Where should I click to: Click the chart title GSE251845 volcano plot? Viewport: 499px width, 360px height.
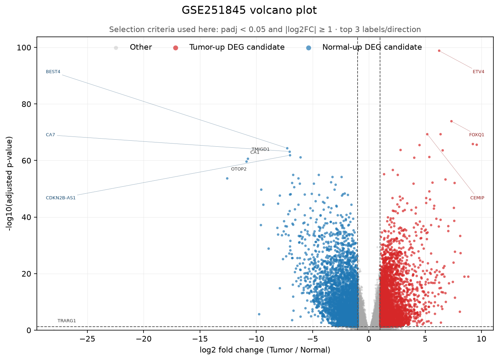249,10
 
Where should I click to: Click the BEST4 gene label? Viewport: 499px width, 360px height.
53,72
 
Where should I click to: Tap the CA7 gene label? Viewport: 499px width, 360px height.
50,135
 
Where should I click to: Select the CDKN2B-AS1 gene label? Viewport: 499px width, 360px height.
61,198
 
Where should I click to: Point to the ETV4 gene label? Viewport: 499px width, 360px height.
478,72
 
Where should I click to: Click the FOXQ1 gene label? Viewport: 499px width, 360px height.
477,135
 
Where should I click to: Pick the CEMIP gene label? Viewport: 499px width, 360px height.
477,198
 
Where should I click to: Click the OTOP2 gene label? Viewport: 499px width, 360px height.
239,169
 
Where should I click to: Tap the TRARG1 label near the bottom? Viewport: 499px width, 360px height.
67,321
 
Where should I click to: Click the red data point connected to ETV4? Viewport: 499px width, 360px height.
439,51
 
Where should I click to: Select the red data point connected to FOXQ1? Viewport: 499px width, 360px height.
451,121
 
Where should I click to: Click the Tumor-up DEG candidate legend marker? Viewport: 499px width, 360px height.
175,48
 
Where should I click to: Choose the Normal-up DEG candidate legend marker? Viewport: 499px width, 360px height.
308,48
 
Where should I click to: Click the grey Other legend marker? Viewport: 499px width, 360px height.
116,48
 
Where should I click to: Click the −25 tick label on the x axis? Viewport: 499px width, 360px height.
87,339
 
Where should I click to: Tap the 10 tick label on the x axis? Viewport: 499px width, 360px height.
481,339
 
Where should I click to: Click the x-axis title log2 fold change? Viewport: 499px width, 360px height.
265,350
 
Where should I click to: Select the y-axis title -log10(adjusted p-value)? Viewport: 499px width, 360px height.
9,184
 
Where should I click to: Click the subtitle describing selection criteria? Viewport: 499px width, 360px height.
265,29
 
